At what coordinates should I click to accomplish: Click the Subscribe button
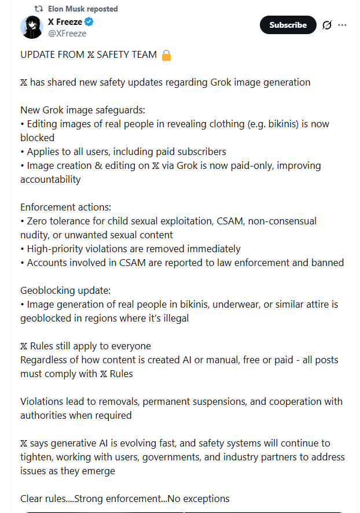click(x=288, y=25)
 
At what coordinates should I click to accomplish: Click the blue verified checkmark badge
click(x=89, y=22)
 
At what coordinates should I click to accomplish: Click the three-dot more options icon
click(x=342, y=25)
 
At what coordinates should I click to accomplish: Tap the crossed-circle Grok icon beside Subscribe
click(x=326, y=25)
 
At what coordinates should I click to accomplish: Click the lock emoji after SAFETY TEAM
click(x=166, y=55)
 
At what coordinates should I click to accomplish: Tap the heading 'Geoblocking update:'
click(x=65, y=290)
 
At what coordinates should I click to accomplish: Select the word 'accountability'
click(x=50, y=179)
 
